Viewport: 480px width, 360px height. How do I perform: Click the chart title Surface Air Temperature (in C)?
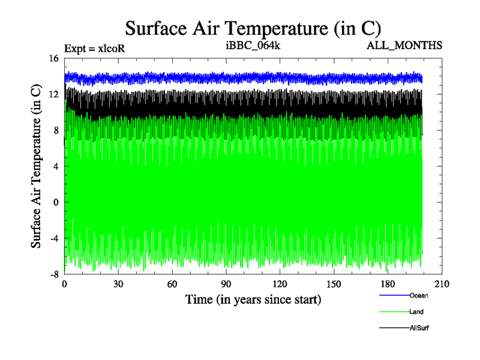[x=253, y=28]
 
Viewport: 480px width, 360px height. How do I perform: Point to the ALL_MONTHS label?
[x=408, y=46]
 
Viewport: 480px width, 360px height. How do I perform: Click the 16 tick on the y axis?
[x=54, y=58]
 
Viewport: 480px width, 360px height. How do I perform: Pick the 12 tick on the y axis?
[x=54, y=94]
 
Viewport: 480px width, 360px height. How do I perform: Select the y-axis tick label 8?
[x=56, y=130]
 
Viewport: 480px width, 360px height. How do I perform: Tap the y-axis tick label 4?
[x=56, y=166]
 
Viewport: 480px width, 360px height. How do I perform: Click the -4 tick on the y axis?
[x=54, y=238]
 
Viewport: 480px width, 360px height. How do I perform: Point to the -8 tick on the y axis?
[x=54, y=274]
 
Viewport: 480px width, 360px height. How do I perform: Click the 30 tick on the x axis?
[x=118, y=284]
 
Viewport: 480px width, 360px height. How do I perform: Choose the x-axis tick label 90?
[x=226, y=284]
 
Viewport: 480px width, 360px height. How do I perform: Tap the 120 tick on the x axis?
[x=280, y=284]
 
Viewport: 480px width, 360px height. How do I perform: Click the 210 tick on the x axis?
[x=442, y=284]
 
